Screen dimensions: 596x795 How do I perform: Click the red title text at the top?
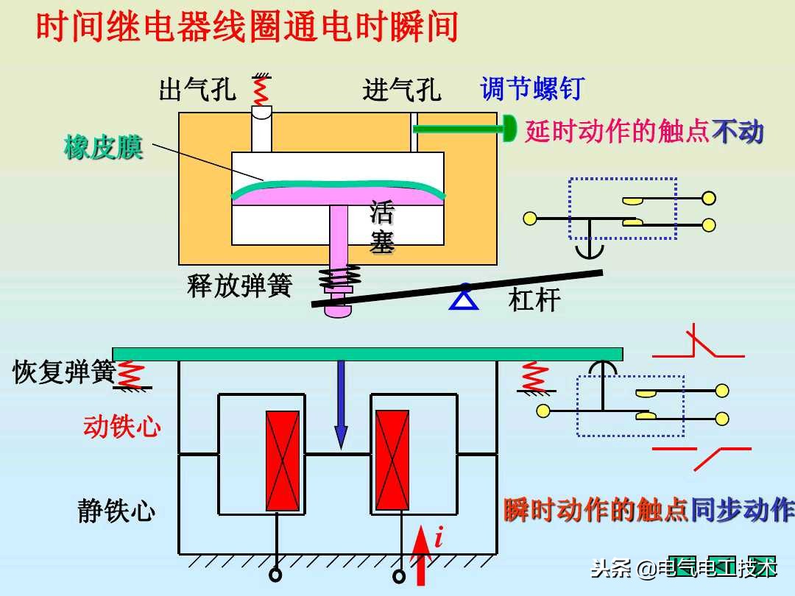click(x=247, y=27)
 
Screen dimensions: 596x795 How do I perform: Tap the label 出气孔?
click(x=197, y=89)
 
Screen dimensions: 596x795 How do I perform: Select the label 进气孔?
click(x=401, y=90)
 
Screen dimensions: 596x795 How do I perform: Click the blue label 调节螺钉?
click(x=531, y=88)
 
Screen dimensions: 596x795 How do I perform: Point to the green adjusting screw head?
click(x=509, y=129)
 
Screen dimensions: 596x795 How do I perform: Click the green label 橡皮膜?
click(x=103, y=147)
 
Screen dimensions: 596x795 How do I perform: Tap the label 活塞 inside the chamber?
click(x=382, y=227)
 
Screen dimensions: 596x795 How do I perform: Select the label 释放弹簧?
click(x=239, y=285)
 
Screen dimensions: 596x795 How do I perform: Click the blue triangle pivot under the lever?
click(x=464, y=297)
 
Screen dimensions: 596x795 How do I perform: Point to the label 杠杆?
click(x=534, y=300)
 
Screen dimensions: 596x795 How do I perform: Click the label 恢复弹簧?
click(x=63, y=372)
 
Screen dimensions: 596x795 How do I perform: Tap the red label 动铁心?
click(x=121, y=426)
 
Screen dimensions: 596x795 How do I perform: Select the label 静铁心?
click(x=116, y=511)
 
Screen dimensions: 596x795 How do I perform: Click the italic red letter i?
click(x=439, y=539)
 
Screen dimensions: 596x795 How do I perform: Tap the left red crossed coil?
click(x=283, y=461)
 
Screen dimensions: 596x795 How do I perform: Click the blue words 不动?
click(x=738, y=132)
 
